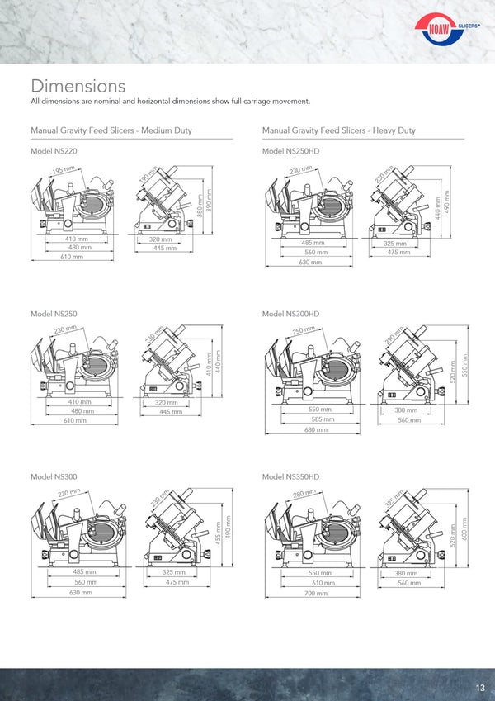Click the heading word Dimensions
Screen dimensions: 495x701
click(78, 86)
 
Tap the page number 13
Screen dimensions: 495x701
click(480, 688)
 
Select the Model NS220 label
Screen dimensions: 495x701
click(54, 151)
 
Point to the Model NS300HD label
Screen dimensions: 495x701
click(291, 314)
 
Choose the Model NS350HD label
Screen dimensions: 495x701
click(291, 476)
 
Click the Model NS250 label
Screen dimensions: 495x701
click(54, 314)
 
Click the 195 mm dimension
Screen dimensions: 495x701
click(64, 170)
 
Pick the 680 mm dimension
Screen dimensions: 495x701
click(316, 429)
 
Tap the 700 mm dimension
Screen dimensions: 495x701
click(316, 594)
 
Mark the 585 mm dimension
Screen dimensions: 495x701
click(323, 419)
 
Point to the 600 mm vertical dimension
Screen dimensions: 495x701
click(464, 529)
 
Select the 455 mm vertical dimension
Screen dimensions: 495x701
click(219, 533)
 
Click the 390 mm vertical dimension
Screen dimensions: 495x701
click(209, 200)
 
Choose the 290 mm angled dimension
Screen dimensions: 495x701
click(394, 336)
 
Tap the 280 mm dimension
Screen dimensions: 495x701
click(304, 494)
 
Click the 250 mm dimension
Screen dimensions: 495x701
click(304, 330)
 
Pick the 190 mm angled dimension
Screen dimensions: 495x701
click(148, 174)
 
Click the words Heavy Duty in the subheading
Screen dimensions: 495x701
click(394, 130)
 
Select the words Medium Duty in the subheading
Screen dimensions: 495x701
click(166, 130)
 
